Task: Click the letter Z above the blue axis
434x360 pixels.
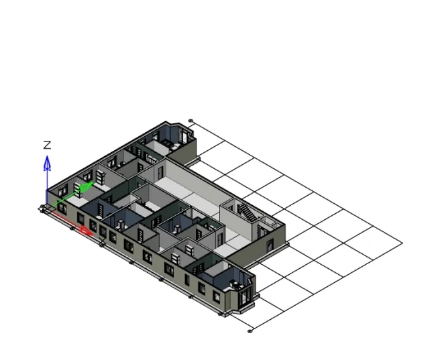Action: coord(47,145)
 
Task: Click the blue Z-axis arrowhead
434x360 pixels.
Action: coord(47,162)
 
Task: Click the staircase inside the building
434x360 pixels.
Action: coord(247,214)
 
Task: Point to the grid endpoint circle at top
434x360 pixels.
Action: coord(191,121)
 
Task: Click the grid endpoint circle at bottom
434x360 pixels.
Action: coord(250,331)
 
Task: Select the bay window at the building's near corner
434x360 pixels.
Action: coord(241,294)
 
